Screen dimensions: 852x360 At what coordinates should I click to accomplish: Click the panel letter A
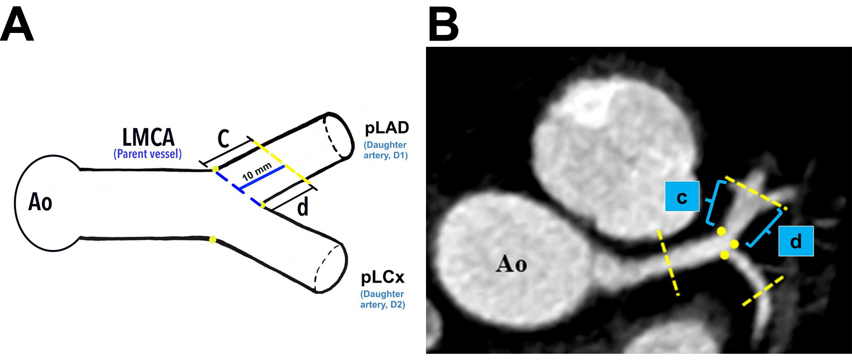pos(17,25)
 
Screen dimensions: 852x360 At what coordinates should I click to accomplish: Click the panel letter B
pos(443,25)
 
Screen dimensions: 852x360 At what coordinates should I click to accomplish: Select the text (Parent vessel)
pos(148,154)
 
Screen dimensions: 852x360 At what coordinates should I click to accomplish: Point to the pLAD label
pos(387,128)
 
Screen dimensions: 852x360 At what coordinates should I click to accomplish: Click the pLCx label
pos(383,277)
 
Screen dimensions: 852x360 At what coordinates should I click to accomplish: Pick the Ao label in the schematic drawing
pos(40,202)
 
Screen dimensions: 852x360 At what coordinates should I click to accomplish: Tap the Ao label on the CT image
pos(511,263)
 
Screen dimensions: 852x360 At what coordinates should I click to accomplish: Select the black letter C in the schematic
pos(224,139)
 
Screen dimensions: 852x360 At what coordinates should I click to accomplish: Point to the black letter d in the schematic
pos(303,207)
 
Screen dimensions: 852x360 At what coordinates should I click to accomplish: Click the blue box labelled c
pos(682,196)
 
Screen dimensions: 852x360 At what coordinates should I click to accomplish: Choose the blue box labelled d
pos(796,241)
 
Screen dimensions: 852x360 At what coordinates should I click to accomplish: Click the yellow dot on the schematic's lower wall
pos(213,239)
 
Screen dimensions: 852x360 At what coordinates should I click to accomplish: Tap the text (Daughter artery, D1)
pos(385,150)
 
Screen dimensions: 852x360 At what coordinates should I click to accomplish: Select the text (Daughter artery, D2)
pos(383,299)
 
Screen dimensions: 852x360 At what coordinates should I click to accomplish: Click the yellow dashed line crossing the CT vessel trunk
pos(668,263)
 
